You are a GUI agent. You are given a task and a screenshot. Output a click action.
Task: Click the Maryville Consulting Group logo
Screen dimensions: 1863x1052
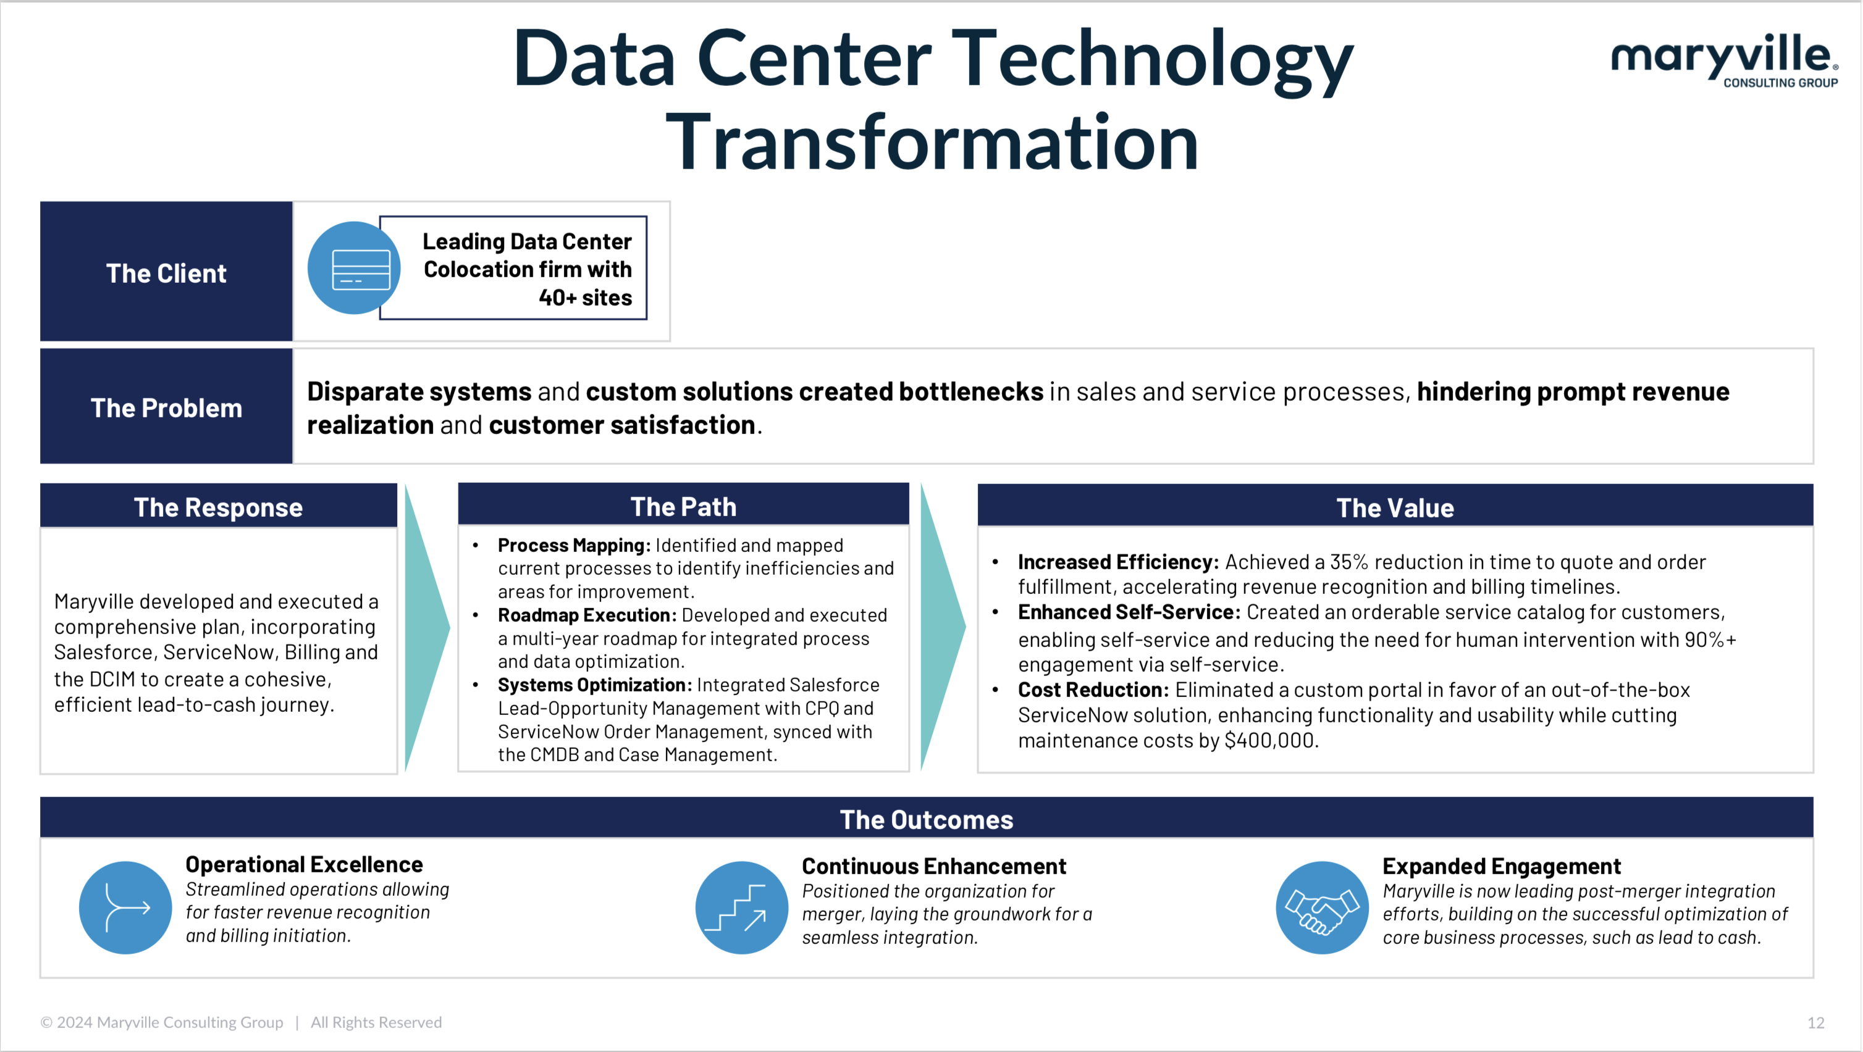1724,61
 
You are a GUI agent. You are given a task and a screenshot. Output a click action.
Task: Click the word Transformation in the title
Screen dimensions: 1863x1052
931,143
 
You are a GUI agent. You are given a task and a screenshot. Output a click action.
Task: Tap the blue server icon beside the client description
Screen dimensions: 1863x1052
354,268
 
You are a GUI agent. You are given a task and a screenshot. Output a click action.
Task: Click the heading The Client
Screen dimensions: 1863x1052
166,273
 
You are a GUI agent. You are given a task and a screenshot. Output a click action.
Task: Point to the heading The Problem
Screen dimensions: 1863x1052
166,408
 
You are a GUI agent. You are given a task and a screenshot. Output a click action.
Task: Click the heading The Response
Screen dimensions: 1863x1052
219,507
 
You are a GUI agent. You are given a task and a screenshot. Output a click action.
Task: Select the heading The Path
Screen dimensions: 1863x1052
683,506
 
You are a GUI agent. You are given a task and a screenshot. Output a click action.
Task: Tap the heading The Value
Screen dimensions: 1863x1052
1395,507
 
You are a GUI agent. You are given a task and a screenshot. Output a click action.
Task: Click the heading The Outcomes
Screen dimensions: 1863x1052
927,819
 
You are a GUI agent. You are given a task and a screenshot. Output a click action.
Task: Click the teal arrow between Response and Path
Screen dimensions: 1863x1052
427,628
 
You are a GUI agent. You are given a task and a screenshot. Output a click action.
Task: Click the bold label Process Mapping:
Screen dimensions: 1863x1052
574,545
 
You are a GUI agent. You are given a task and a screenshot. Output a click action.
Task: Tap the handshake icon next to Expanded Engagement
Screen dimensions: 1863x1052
1322,908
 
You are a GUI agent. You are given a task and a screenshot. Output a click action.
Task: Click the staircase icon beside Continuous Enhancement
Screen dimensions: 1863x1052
741,908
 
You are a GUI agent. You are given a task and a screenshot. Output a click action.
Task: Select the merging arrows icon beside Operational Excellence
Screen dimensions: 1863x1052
125,908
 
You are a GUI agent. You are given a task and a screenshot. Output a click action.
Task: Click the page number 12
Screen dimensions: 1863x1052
1815,1022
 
